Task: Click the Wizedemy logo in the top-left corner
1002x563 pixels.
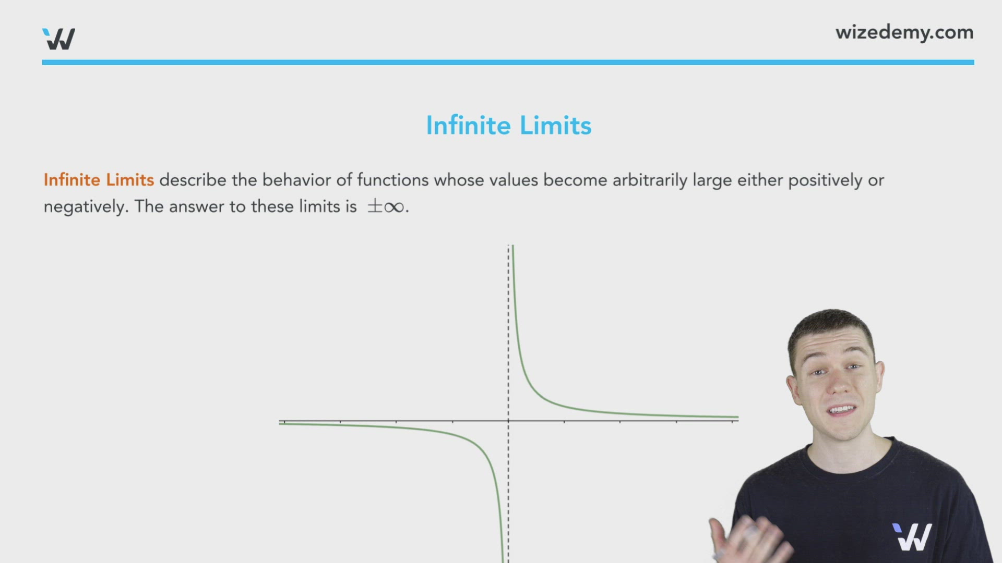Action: coord(58,39)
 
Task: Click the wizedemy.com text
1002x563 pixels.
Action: coord(904,32)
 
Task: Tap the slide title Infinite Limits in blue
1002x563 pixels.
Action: coord(508,126)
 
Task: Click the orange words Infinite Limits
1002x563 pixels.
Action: coord(99,180)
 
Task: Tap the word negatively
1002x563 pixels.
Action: coord(85,206)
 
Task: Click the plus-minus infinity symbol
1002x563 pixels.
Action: coord(386,206)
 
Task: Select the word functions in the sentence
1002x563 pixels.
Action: coord(392,180)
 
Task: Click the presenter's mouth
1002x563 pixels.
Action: coord(840,410)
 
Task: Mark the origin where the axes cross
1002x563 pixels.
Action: coord(508,420)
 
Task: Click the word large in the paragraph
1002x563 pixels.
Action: coord(712,180)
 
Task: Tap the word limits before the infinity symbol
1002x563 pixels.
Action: coord(319,206)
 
